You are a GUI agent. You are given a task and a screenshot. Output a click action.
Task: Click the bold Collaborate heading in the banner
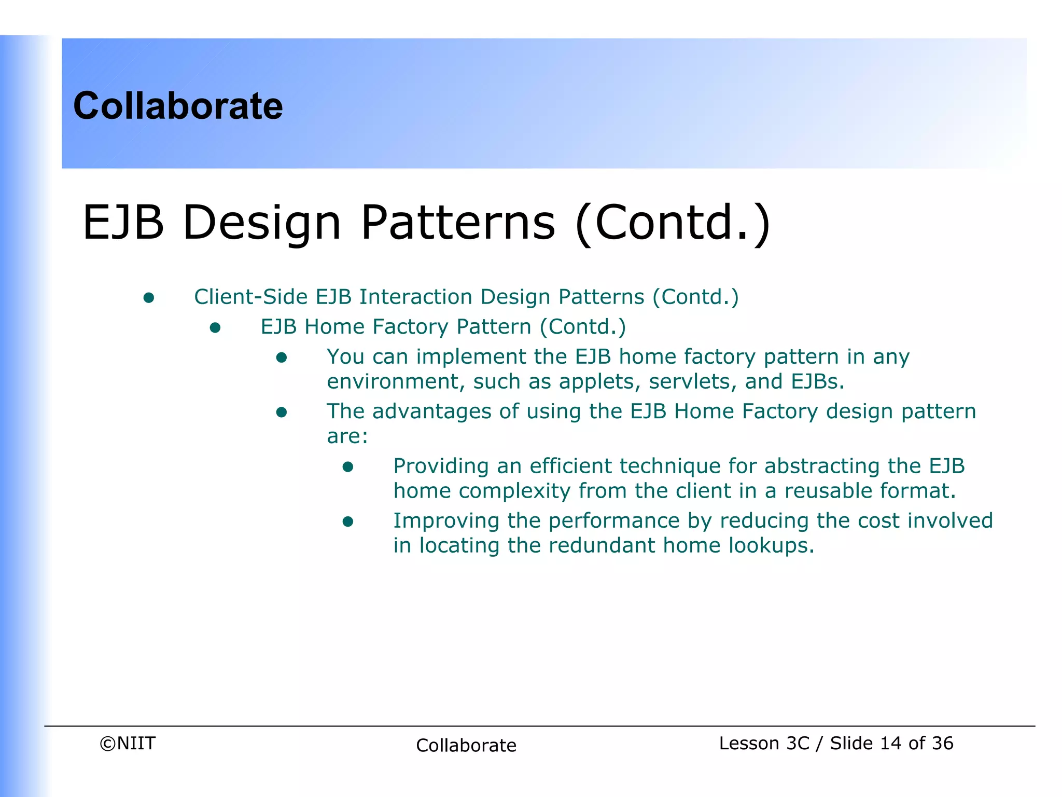178,106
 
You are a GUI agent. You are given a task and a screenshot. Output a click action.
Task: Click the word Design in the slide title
262,223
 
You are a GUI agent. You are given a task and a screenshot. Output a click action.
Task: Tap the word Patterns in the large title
458,223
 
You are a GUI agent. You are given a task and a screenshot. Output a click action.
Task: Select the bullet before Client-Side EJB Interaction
149,298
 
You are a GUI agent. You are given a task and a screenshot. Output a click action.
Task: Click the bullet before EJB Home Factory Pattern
215,328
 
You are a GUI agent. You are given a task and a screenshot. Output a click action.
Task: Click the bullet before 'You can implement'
282,358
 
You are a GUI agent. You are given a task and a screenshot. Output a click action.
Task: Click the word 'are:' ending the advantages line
347,437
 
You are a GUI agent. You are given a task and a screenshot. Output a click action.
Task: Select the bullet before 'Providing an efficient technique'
348,467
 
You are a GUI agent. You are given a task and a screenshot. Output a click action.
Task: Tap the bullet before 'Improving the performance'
348,521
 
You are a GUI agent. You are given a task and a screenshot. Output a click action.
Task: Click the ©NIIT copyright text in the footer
128,744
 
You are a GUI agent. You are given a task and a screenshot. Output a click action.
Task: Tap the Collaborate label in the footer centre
466,746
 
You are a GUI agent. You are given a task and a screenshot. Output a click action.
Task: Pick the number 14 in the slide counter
890,744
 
